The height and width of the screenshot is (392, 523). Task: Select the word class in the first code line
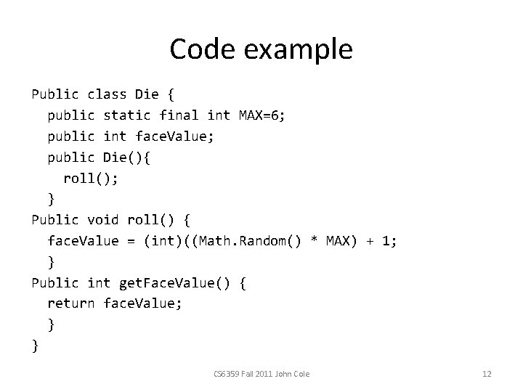(107, 94)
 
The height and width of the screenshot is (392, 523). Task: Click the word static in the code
(127, 115)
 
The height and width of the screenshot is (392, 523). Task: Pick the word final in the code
(179, 115)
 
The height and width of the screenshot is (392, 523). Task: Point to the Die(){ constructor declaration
(128, 157)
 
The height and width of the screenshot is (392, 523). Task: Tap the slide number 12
(487, 374)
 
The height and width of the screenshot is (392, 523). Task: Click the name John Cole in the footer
(293, 374)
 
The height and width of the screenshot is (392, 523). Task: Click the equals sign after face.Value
(131, 241)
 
